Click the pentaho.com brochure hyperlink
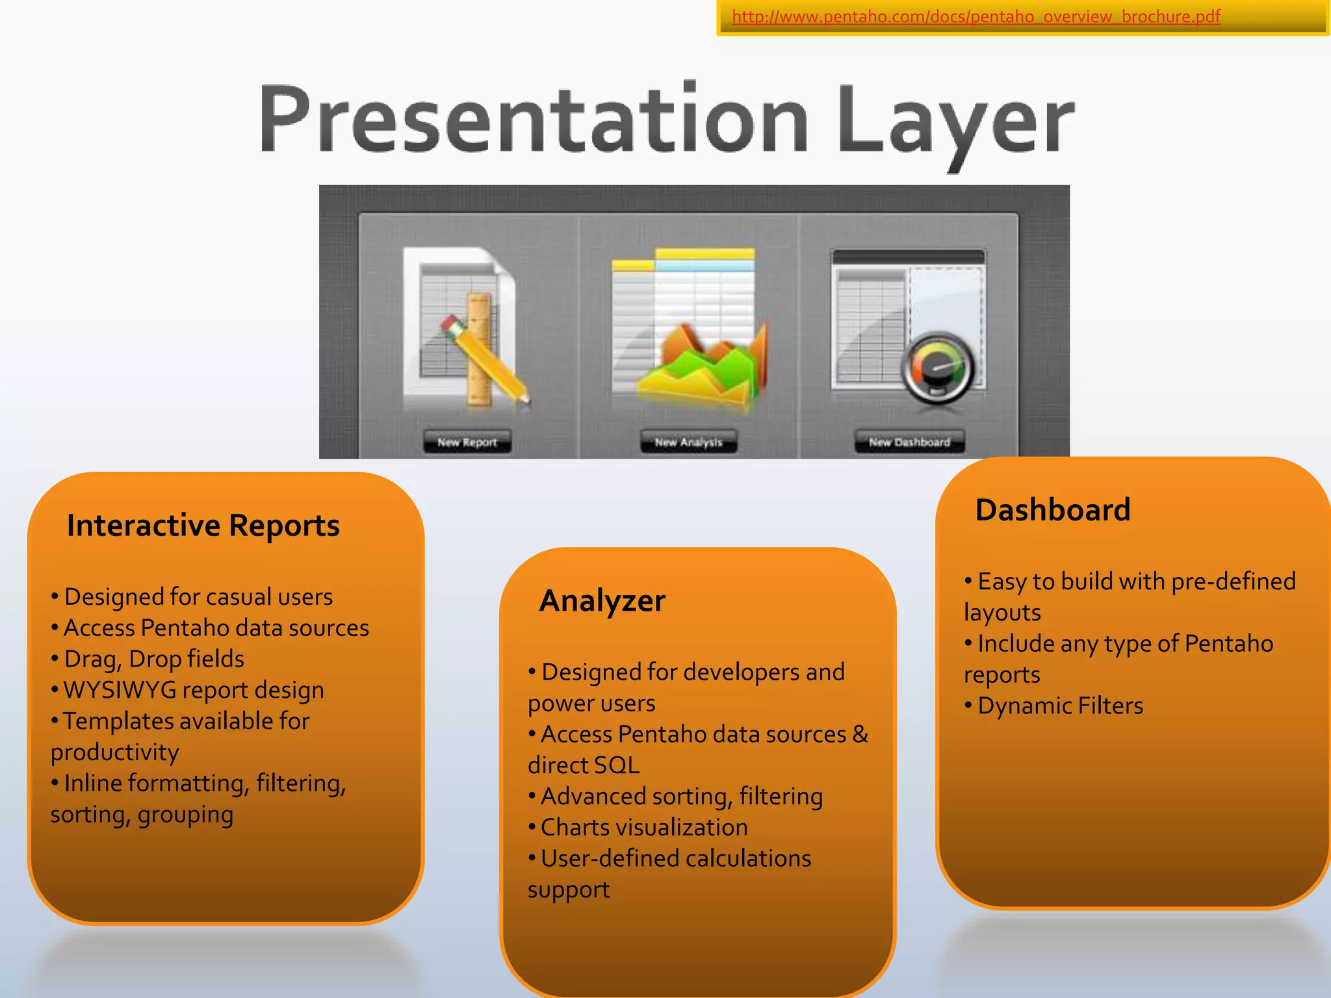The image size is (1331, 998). (976, 16)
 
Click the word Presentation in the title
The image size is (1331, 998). (533, 120)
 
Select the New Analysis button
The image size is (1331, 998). (688, 442)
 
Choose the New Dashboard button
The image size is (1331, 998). (909, 442)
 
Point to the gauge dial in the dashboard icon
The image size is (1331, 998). (937, 368)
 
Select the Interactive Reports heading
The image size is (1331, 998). (203, 525)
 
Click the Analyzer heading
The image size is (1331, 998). (602, 600)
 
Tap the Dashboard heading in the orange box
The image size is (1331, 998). (1052, 509)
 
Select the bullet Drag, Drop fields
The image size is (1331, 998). (154, 659)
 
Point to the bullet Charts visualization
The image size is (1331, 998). (643, 827)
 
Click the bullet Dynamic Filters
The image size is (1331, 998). (1059, 706)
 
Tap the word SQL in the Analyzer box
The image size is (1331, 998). (615, 765)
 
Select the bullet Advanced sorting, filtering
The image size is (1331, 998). (681, 796)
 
